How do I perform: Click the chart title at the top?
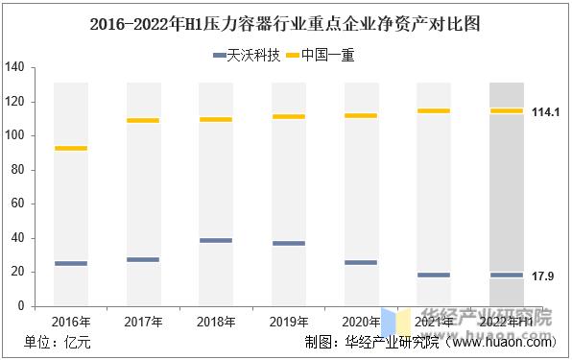(x=286, y=21)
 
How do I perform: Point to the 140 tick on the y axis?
(x=14, y=67)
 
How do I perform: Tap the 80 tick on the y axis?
(x=17, y=170)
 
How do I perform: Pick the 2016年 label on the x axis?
(x=71, y=322)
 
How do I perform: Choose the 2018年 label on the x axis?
(x=216, y=322)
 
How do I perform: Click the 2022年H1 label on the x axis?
(x=507, y=322)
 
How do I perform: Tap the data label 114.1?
(x=546, y=112)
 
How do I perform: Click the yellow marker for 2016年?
(x=71, y=148)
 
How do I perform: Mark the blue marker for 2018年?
(x=216, y=240)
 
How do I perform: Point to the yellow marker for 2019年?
(x=288, y=116)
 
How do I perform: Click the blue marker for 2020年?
(x=361, y=262)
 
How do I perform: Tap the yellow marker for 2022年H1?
(x=506, y=111)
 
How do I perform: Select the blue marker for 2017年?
(x=143, y=259)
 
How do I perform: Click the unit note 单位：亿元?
(x=57, y=342)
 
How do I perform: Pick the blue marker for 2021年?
(x=434, y=275)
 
